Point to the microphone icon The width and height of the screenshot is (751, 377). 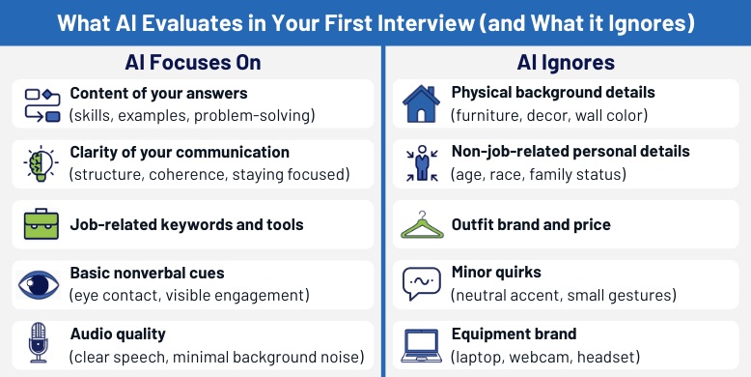(40, 344)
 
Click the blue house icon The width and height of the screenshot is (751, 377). (421, 104)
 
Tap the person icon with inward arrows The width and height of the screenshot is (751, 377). (421, 164)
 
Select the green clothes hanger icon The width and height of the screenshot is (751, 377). (421, 225)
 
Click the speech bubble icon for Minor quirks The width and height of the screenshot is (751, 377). (421, 284)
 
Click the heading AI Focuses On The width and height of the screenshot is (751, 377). (193, 63)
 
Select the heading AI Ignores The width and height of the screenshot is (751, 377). (568, 63)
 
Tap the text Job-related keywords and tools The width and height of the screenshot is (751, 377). (186, 224)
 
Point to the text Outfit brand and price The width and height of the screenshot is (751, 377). (531, 224)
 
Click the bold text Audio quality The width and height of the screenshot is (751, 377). (118, 334)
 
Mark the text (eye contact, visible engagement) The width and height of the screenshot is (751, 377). (189, 295)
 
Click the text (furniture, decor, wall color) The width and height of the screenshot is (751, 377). (549, 115)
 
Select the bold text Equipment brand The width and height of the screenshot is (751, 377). (514, 334)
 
